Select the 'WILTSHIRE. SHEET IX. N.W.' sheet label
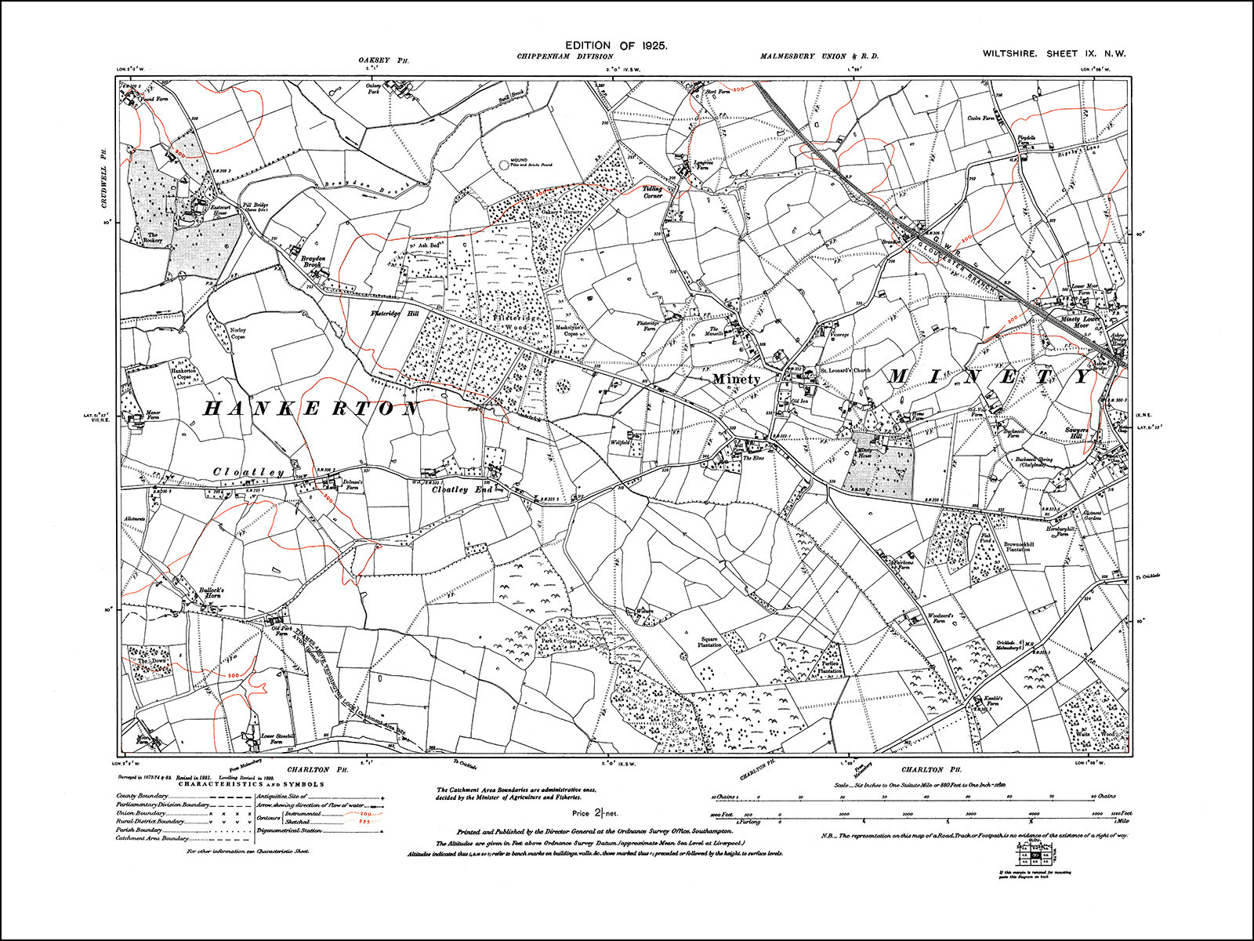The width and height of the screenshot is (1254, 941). coord(1054,54)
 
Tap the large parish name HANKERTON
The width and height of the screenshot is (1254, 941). coord(311,409)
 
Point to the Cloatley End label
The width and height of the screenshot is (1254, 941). coord(462,489)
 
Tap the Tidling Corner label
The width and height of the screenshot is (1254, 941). coord(653,191)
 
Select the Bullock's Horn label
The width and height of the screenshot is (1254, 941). coord(211,592)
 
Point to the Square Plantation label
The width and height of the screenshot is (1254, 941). coord(709,641)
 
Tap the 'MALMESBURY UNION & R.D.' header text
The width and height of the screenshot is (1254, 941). coord(819,56)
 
